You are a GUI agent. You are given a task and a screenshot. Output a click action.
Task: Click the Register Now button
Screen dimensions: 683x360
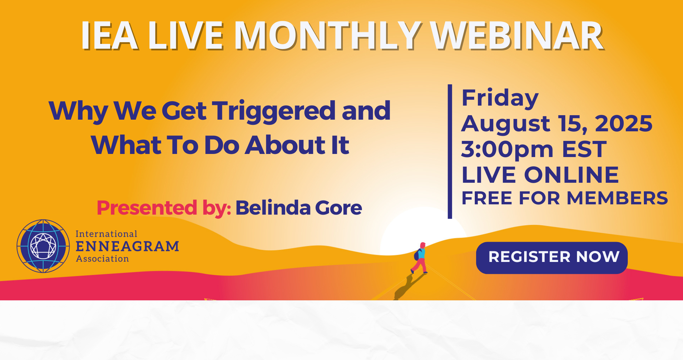point(552,257)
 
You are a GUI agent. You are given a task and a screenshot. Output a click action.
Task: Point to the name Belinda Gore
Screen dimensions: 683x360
point(298,208)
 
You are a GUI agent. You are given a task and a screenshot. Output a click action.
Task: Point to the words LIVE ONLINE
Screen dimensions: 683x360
point(540,175)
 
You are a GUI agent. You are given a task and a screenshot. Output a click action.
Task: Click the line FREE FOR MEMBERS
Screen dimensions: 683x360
point(565,198)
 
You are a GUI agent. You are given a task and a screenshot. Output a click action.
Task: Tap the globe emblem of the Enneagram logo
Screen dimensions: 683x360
point(43,246)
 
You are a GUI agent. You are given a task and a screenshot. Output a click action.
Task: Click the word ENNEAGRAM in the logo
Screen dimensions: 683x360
point(127,247)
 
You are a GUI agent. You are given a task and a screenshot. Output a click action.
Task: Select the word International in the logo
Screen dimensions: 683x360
point(106,234)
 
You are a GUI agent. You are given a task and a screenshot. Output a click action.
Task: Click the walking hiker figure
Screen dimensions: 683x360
point(420,258)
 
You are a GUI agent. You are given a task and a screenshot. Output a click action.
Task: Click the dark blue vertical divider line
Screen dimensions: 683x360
point(450,151)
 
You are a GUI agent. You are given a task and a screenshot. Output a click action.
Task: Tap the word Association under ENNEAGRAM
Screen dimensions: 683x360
point(102,259)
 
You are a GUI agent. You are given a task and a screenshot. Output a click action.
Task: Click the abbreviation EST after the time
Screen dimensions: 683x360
point(584,149)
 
